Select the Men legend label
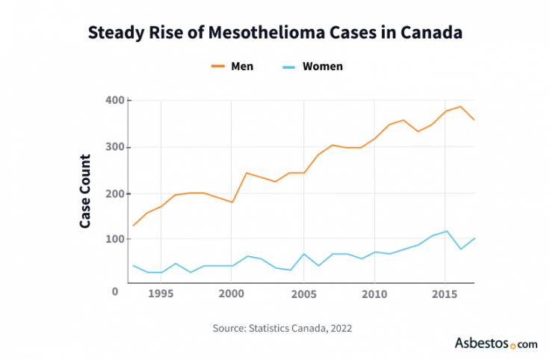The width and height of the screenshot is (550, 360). click(x=242, y=66)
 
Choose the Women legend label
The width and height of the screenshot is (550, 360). click(x=323, y=66)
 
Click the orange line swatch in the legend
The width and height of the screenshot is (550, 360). click(x=218, y=66)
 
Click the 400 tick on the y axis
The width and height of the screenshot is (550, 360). click(x=116, y=100)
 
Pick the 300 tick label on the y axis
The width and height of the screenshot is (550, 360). click(x=116, y=147)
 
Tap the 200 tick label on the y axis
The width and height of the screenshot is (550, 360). click(x=116, y=193)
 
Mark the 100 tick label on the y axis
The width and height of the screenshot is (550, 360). click(x=116, y=240)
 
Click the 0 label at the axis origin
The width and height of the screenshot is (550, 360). click(x=115, y=291)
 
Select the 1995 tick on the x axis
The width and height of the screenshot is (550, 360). click(x=161, y=294)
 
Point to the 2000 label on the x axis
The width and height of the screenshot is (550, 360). click(x=232, y=294)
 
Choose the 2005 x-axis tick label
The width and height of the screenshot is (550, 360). click(x=303, y=294)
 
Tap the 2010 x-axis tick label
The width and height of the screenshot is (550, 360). click(x=374, y=294)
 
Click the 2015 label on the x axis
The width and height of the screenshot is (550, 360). click(x=446, y=294)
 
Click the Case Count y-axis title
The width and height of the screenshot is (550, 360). click(x=85, y=191)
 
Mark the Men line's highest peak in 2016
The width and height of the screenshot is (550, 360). click(x=460, y=106)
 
